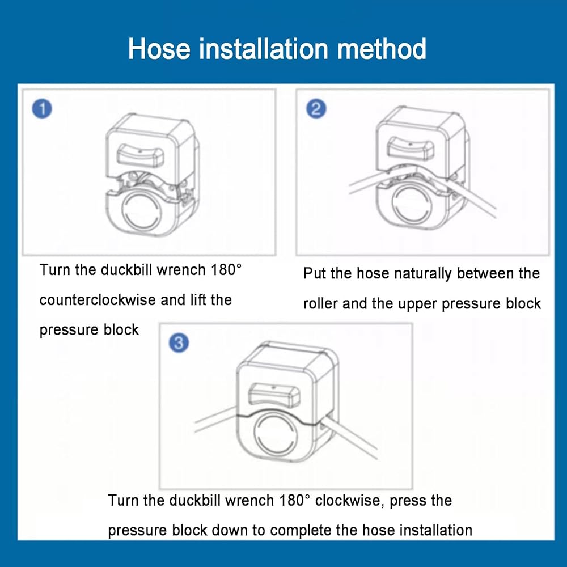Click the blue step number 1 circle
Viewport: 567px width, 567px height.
pyautogui.click(x=42, y=109)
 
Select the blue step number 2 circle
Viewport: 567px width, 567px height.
pyautogui.click(x=316, y=109)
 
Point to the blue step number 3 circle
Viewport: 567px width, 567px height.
pyautogui.click(x=179, y=342)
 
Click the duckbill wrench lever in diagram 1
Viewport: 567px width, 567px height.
pyautogui.click(x=140, y=155)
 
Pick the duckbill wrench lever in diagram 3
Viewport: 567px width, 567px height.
pyautogui.click(x=275, y=395)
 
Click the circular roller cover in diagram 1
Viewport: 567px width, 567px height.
pyautogui.click(x=142, y=210)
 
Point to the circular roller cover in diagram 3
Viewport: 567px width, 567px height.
pyautogui.click(x=276, y=434)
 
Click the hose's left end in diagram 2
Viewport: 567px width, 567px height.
pyautogui.click(x=350, y=189)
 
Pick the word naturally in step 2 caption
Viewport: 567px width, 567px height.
pyautogui.click(x=423, y=274)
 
